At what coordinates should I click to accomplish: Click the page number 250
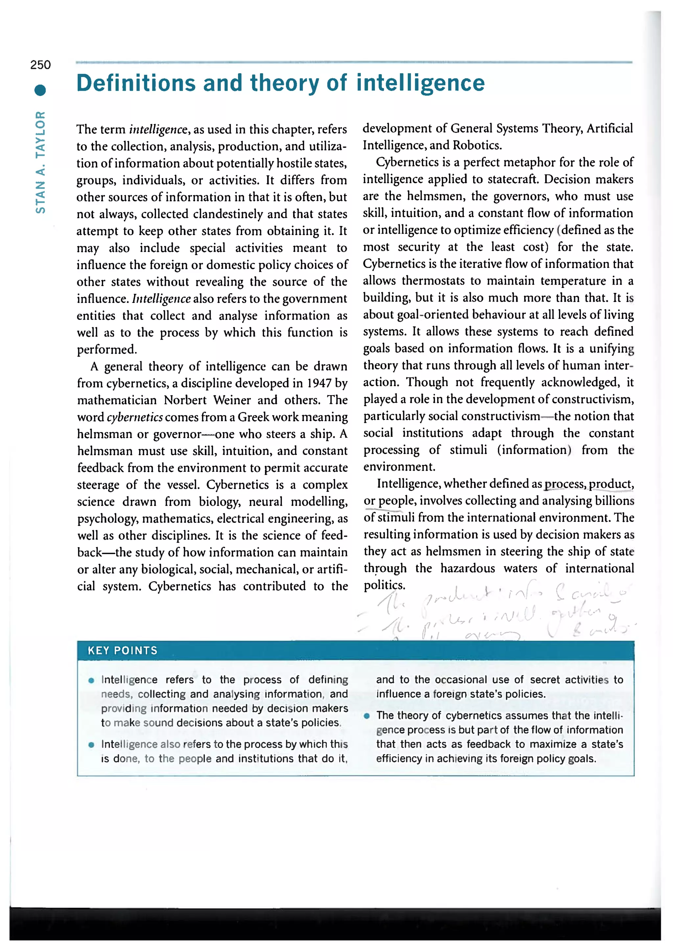[x=40, y=65]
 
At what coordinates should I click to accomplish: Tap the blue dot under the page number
[x=40, y=90]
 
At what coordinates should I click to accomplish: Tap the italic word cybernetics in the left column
[x=135, y=417]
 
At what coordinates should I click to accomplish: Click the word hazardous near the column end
[x=467, y=568]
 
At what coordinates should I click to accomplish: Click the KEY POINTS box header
[x=123, y=650]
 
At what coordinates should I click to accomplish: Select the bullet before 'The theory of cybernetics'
[x=366, y=715]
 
